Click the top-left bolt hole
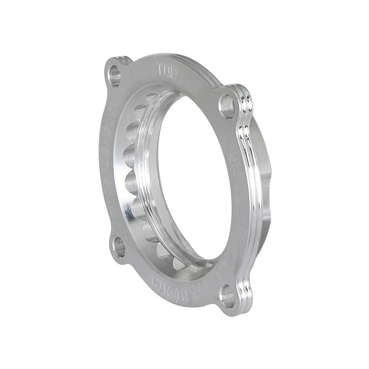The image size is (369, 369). tap(114, 75)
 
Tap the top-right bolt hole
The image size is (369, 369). tap(226, 107)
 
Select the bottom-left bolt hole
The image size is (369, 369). tap(119, 247)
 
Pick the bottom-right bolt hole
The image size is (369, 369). tap(227, 295)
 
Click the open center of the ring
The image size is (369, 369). tap(194, 180)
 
